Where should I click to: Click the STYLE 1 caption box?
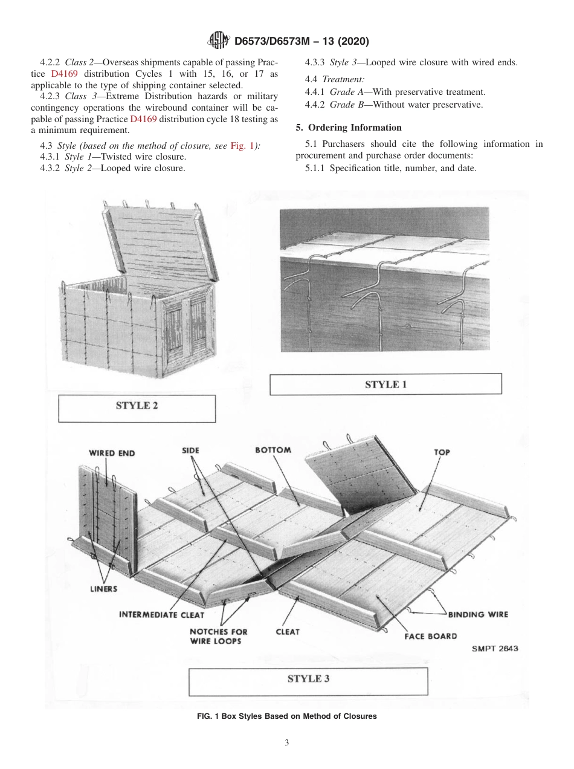click(385, 384)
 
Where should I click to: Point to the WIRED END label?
click(112, 452)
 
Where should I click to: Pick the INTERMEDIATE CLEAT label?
click(161, 615)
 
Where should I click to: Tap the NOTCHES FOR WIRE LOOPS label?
click(218, 636)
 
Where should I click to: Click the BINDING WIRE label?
click(477, 614)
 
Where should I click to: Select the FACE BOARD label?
click(430, 636)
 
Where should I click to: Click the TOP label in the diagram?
click(442, 452)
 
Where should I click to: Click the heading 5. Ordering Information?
click(348, 128)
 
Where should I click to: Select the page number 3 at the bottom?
click(287, 742)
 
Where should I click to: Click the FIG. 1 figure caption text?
click(286, 716)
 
